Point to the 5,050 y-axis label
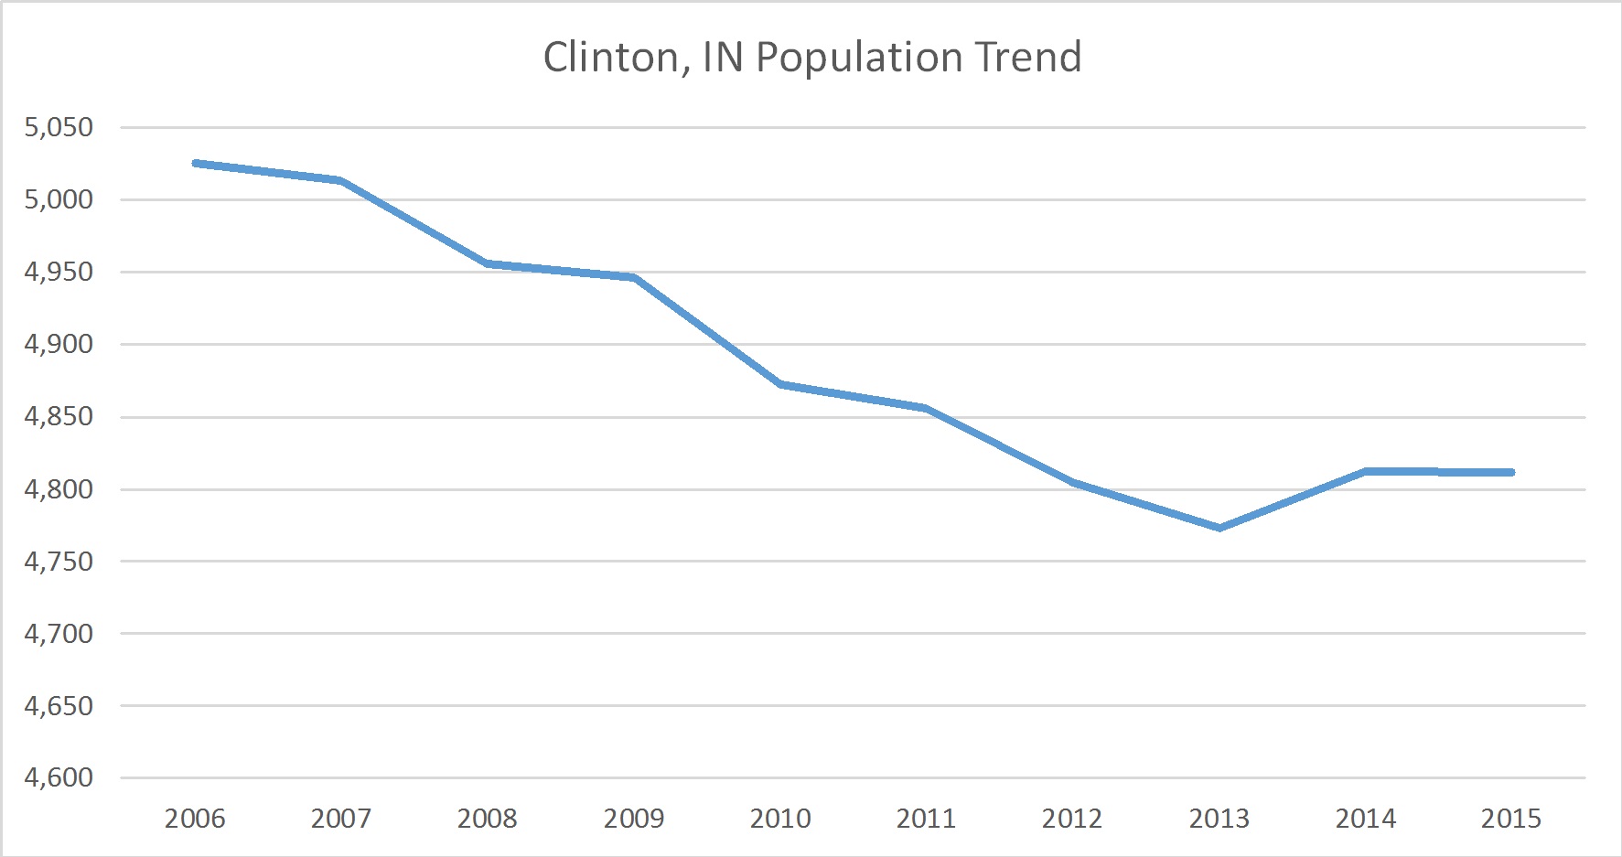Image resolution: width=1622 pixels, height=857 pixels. tap(59, 127)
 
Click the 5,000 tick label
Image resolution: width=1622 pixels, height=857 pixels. tap(59, 199)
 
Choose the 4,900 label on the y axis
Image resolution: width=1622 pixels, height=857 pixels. tap(59, 344)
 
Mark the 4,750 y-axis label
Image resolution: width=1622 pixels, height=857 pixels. tap(59, 561)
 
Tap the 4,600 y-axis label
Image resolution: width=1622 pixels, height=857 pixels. tap(59, 777)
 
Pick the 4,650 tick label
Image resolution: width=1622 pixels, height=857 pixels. tap(59, 705)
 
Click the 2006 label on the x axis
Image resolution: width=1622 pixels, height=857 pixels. tap(195, 818)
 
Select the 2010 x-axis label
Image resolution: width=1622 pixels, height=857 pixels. tap(780, 818)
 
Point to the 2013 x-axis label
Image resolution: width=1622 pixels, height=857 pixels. tap(1219, 818)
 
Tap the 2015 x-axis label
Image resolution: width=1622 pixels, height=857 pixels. tap(1511, 818)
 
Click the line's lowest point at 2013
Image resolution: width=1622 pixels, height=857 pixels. tap(1220, 528)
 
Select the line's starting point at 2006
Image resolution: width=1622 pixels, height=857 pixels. tap(195, 163)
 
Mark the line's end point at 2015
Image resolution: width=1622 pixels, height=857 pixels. tap(1511, 472)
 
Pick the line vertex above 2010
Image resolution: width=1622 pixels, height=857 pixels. tap(780, 384)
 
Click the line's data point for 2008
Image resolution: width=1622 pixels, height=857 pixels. tap(488, 263)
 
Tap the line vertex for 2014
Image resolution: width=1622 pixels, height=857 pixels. tap(1366, 471)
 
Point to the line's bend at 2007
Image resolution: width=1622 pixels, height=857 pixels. tap(341, 180)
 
